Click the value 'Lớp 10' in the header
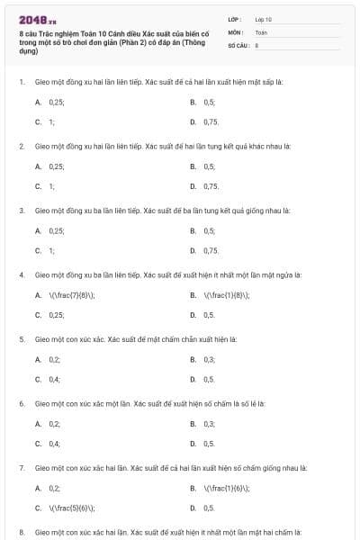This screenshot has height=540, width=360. (x=263, y=19)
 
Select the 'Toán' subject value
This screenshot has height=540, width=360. (x=261, y=31)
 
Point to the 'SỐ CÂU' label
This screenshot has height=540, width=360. (x=238, y=44)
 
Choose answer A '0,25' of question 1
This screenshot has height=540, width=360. (x=57, y=103)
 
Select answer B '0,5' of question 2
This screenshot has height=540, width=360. (x=209, y=166)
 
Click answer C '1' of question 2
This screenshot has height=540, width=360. (x=52, y=185)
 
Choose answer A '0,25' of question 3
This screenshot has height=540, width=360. (x=57, y=231)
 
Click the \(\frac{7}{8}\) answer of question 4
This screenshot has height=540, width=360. (x=71, y=295)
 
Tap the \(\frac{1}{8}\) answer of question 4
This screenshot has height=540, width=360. (x=226, y=295)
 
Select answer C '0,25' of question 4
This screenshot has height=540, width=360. (x=57, y=314)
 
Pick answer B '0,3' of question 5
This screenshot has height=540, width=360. (x=209, y=360)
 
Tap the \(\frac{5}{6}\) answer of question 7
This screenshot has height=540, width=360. (x=71, y=508)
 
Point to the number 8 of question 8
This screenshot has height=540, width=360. (x=21, y=532)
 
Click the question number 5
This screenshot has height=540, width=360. (x=21, y=339)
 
